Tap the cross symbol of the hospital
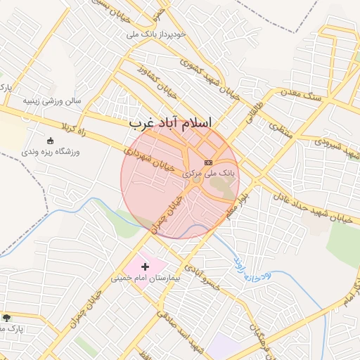click(x=146, y=266)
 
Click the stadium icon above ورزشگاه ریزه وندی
click(x=50, y=141)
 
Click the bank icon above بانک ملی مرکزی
click(x=208, y=162)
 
